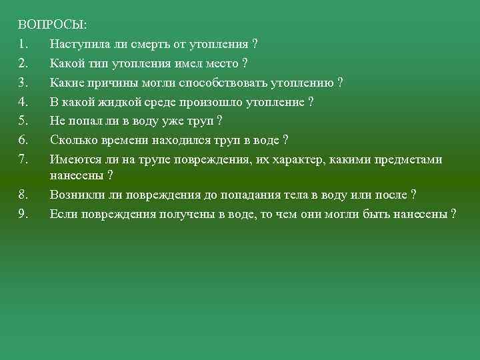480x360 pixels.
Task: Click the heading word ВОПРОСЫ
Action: pyautogui.click(x=52, y=25)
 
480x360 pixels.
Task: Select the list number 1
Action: pyautogui.click(x=22, y=45)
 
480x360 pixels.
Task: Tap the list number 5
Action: pyautogui.click(x=22, y=121)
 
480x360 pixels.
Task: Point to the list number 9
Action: pyautogui.click(x=22, y=214)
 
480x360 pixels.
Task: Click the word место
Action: pyautogui.click(x=220, y=63)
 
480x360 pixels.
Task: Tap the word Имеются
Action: pyautogui.click(x=73, y=159)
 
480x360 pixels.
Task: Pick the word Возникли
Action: pyautogui.click(x=75, y=195)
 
